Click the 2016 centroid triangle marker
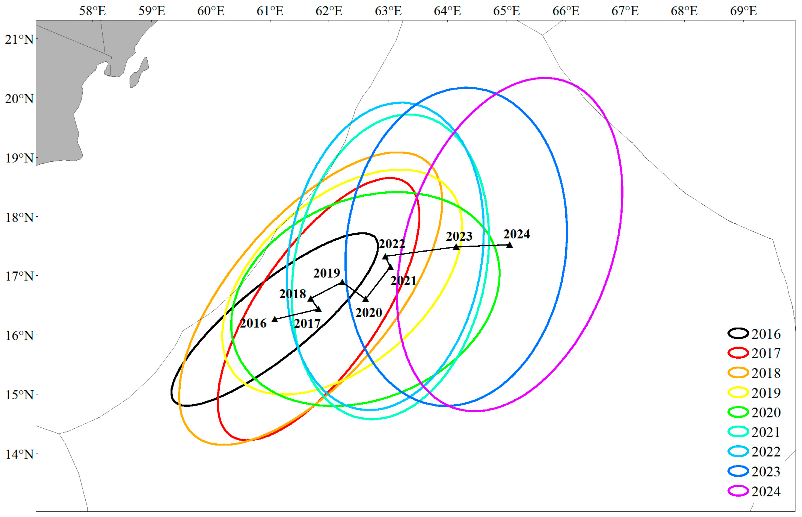[x=275, y=319]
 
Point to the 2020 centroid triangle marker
[x=366, y=299]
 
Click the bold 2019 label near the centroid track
[x=326, y=273]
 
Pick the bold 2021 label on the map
[x=403, y=281]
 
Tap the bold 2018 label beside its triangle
[x=292, y=294]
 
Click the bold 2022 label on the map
[x=391, y=244]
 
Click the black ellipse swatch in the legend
[x=738, y=333]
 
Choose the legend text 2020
[x=766, y=412]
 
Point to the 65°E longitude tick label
[x=506, y=11]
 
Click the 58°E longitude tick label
[x=92, y=11]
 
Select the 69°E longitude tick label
[x=743, y=11]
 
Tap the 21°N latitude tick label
[x=19, y=39]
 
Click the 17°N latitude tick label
[x=19, y=276]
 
